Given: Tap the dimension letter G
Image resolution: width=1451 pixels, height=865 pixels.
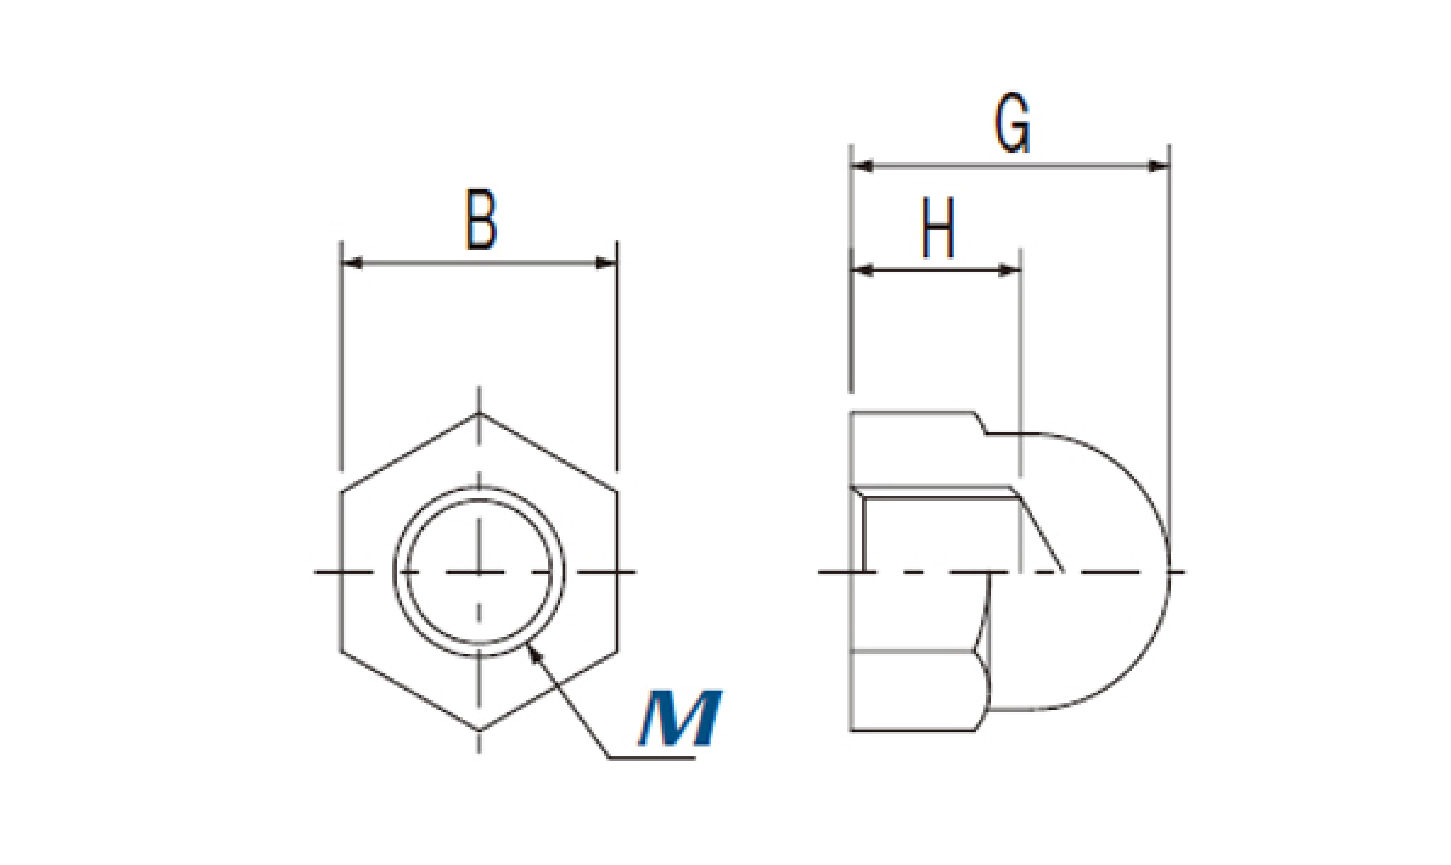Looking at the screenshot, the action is point(1012,123).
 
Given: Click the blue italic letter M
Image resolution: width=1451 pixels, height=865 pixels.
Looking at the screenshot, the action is point(680,718).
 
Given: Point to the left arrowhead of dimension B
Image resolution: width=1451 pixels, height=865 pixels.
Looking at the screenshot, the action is point(352,263).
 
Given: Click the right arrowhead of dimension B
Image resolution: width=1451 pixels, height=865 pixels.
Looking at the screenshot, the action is point(606,263).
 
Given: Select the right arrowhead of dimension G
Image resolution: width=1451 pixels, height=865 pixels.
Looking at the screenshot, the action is point(1159,166).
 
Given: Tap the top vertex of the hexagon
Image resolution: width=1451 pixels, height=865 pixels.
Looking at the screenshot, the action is point(479,413).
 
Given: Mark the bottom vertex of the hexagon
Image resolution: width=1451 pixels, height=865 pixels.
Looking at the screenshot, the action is point(479,730).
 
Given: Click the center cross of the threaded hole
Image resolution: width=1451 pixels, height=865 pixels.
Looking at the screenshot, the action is point(479,572).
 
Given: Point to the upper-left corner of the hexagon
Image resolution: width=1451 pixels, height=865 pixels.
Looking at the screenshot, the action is point(341,492).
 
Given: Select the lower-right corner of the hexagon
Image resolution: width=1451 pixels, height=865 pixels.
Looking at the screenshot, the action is point(617,651).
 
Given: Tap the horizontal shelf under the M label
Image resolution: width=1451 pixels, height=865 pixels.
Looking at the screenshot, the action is point(652,758).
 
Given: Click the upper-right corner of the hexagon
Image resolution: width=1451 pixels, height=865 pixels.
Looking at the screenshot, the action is point(617,492).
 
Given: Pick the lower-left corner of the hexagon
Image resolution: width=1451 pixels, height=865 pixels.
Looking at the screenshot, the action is point(341,651).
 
